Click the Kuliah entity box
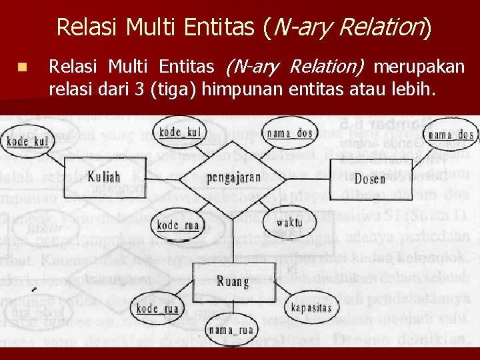(105, 176)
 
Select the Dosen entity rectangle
(369, 178)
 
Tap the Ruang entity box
(232, 281)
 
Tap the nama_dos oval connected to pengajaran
(290, 133)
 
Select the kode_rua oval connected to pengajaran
(178, 225)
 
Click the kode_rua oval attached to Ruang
(157, 308)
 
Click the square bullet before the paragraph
(22, 67)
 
